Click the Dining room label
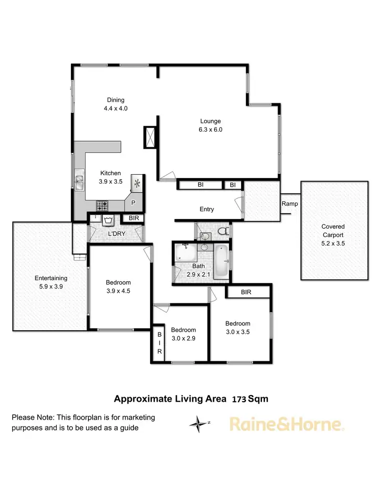(115, 100)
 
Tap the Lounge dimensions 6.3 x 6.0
(210, 129)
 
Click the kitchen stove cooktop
(102, 205)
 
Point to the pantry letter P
(133, 203)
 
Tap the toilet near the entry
(225, 231)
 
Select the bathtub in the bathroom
(221, 260)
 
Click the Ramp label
(289, 204)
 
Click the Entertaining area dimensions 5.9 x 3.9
(51, 287)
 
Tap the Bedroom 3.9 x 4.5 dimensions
(118, 291)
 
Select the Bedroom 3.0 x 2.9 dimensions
(183, 338)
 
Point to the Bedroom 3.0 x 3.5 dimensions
(237, 332)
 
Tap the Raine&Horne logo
(286, 425)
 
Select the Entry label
(206, 210)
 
